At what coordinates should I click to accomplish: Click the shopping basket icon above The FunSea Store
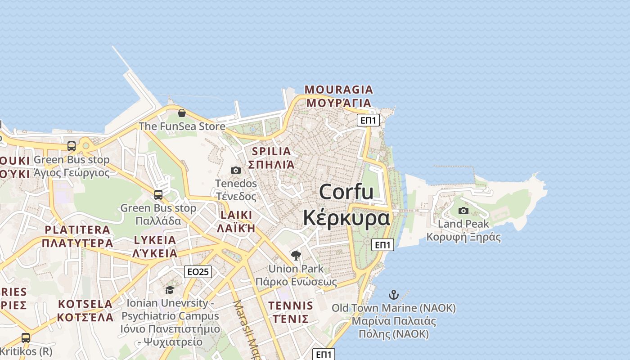[x=182, y=113]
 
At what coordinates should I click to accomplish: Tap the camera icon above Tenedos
[x=235, y=170]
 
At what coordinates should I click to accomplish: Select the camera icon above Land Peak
[x=463, y=211]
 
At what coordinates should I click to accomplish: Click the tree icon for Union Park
[x=296, y=256]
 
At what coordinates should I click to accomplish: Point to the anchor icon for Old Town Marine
[x=394, y=295]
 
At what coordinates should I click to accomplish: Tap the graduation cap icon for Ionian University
[x=170, y=290]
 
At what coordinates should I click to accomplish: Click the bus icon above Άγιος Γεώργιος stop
[x=72, y=146]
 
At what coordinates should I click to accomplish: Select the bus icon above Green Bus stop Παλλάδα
[x=158, y=195]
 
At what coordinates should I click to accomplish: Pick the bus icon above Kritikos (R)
[x=26, y=337]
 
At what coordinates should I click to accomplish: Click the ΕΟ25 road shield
[x=198, y=272]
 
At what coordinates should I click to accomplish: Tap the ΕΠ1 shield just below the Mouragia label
[x=369, y=120]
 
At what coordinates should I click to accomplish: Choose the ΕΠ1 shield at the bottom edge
[x=324, y=355]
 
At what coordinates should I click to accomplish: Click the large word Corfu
[x=346, y=192]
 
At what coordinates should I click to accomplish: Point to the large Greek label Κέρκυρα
[x=346, y=218]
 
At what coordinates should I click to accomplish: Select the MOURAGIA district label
[x=339, y=90]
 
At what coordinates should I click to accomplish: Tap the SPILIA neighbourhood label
[x=271, y=151]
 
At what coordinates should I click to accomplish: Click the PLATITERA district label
[x=77, y=230]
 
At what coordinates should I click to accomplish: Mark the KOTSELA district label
[x=85, y=304]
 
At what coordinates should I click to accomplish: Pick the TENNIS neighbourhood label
[x=291, y=306]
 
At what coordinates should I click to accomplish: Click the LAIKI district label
[x=236, y=215]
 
